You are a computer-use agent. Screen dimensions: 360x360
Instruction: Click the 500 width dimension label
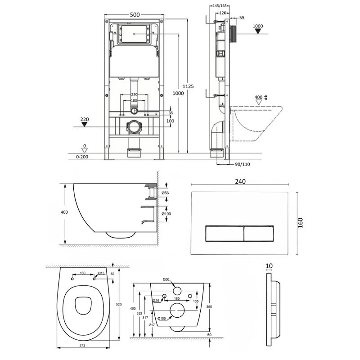[x=135, y=15]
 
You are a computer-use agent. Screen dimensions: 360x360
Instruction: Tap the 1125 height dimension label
[x=188, y=86]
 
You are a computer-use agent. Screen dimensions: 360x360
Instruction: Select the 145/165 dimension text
[x=220, y=6]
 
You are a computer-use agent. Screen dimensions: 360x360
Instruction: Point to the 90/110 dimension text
[x=243, y=164]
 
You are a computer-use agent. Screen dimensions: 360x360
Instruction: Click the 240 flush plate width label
[x=240, y=181]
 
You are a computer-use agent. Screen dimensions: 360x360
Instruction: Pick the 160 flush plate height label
[x=300, y=223]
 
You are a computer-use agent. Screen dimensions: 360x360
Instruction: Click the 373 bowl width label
[x=82, y=346]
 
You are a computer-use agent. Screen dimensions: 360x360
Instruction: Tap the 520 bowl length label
[x=119, y=305]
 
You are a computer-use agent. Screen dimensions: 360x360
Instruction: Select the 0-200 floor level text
[x=82, y=157]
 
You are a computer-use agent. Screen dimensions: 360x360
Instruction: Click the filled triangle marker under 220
[x=85, y=124]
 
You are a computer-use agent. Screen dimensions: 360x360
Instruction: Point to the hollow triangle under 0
[x=85, y=151]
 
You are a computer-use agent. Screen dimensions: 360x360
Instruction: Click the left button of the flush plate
[x=224, y=234]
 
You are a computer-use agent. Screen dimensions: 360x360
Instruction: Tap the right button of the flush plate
[x=258, y=234]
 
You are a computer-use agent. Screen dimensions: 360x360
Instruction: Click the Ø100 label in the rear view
[x=162, y=319]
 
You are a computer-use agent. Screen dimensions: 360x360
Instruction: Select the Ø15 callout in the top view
[x=101, y=273]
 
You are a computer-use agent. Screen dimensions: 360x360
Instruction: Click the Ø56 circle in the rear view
[x=177, y=291]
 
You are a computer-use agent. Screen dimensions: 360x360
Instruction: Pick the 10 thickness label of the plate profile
[x=269, y=266]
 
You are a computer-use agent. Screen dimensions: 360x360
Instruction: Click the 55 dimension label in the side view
[x=242, y=18]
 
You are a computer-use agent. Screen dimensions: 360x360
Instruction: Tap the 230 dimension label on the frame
[x=134, y=94]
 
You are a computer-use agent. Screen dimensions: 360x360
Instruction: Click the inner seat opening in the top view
[x=83, y=306]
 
